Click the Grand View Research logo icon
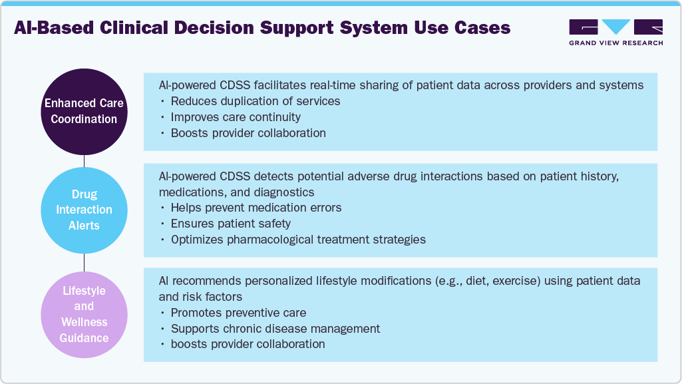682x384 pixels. tap(615, 27)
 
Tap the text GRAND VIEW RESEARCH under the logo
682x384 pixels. tap(615, 43)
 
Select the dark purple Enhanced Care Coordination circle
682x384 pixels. tap(84, 111)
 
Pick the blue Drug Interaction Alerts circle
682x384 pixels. tap(84, 210)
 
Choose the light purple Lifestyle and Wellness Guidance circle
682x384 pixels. tap(84, 314)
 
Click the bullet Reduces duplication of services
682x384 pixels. tap(256, 101)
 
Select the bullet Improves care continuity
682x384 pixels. tap(236, 117)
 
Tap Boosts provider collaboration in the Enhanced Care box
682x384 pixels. tap(248, 133)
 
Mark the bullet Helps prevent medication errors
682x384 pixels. tap(256, 208)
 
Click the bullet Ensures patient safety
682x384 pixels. tap(231, 224)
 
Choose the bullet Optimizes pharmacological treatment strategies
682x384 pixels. tap(298, 240)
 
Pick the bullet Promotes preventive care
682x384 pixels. tap(238, 313)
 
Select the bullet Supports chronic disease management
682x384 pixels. tap(275, 329)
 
